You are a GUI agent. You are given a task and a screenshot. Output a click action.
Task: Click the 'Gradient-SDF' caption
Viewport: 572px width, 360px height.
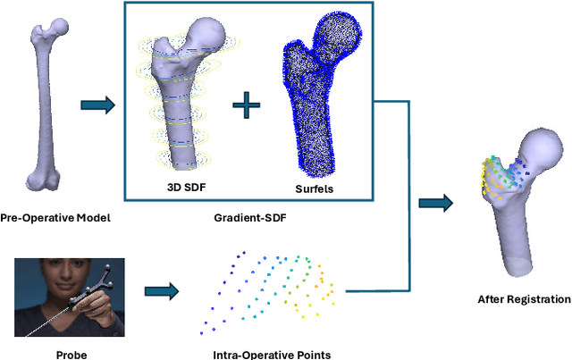pyautogui.click(x=245, y=217)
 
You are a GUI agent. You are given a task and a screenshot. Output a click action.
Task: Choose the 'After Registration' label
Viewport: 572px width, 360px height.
pyautogui.click(x=524, y=299)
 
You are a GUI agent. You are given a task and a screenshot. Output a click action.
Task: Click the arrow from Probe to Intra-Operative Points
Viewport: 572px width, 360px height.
pyautogui.click(x=162, y=290)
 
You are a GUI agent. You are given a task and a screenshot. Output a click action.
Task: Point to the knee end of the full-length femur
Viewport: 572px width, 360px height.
pyautogui.click(x=44, y=175)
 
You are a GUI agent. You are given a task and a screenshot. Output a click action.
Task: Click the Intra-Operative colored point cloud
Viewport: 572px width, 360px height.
pyautogui.click(x=273, y=287)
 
